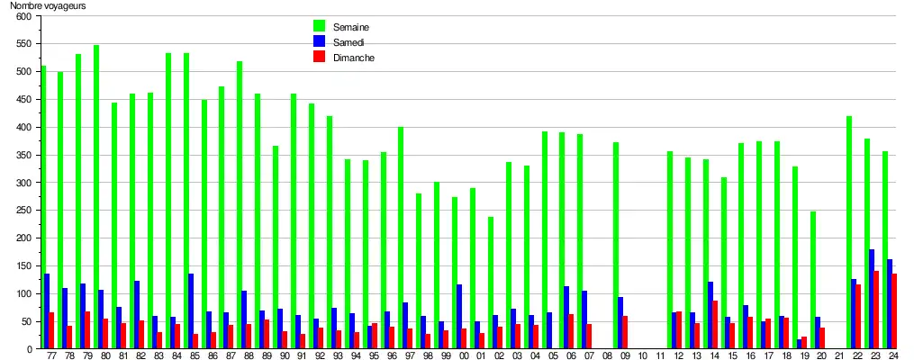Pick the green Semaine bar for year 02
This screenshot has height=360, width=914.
[491, 283]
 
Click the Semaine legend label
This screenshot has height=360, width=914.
[351, 27]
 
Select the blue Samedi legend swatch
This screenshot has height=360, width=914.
[319, 41]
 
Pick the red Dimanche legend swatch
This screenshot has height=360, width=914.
[319, 57]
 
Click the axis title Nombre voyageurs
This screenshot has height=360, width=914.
[49, 6]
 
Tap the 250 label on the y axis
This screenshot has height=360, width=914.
[23, 211]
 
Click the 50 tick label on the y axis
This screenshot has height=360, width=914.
[26, 321]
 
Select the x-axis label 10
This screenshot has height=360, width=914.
[642, 355]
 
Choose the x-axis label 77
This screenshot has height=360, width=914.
[51, 355]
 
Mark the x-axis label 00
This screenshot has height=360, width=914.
[464, 355]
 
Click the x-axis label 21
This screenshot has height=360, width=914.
[839, 355]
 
